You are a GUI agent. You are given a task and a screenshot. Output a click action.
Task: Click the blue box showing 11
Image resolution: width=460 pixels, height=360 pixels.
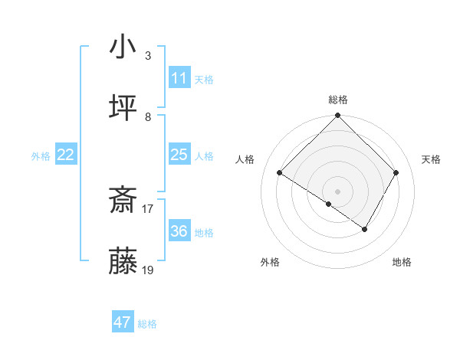[x=179, y=78]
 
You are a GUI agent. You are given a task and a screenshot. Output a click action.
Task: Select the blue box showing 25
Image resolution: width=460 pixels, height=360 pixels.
[x=179, y=155]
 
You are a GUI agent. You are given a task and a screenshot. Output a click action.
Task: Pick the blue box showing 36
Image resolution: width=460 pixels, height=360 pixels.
[x=179, y=231]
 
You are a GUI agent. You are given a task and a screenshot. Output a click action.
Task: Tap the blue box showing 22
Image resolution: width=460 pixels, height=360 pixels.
[x=66, y=155]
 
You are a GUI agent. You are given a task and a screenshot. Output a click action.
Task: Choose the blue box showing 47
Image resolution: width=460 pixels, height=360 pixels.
[x=123, y=322]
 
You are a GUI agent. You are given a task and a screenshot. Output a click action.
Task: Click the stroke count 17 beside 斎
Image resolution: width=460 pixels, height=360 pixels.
[x=148, y=208]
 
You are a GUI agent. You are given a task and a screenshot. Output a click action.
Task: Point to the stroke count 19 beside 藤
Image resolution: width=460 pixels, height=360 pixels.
[x=148, y=270]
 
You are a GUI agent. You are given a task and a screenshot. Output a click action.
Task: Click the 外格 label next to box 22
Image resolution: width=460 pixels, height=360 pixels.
[x=41, y=156]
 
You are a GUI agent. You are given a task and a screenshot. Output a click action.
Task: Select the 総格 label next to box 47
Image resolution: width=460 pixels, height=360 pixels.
[x=147, y=324]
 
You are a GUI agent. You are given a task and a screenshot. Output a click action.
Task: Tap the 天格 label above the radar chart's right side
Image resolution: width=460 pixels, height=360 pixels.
[x=431, y=159]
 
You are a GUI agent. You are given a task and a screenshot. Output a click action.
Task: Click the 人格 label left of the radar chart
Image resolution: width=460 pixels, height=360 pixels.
[x=245, y=159]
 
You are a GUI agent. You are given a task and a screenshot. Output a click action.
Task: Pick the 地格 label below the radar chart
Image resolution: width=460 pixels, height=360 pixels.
[x=402, y=262]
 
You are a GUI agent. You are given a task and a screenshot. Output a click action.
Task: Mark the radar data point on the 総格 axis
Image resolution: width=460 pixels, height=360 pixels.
[x=337, y=116]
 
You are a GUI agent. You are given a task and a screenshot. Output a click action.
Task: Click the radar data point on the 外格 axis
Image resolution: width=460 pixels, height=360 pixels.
[x=329, y=204]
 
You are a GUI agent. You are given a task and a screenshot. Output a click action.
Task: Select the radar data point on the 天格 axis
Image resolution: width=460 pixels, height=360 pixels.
[x=396, y=173]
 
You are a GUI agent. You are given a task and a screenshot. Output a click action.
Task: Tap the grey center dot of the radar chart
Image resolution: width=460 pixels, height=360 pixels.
[x=337, y=191]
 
